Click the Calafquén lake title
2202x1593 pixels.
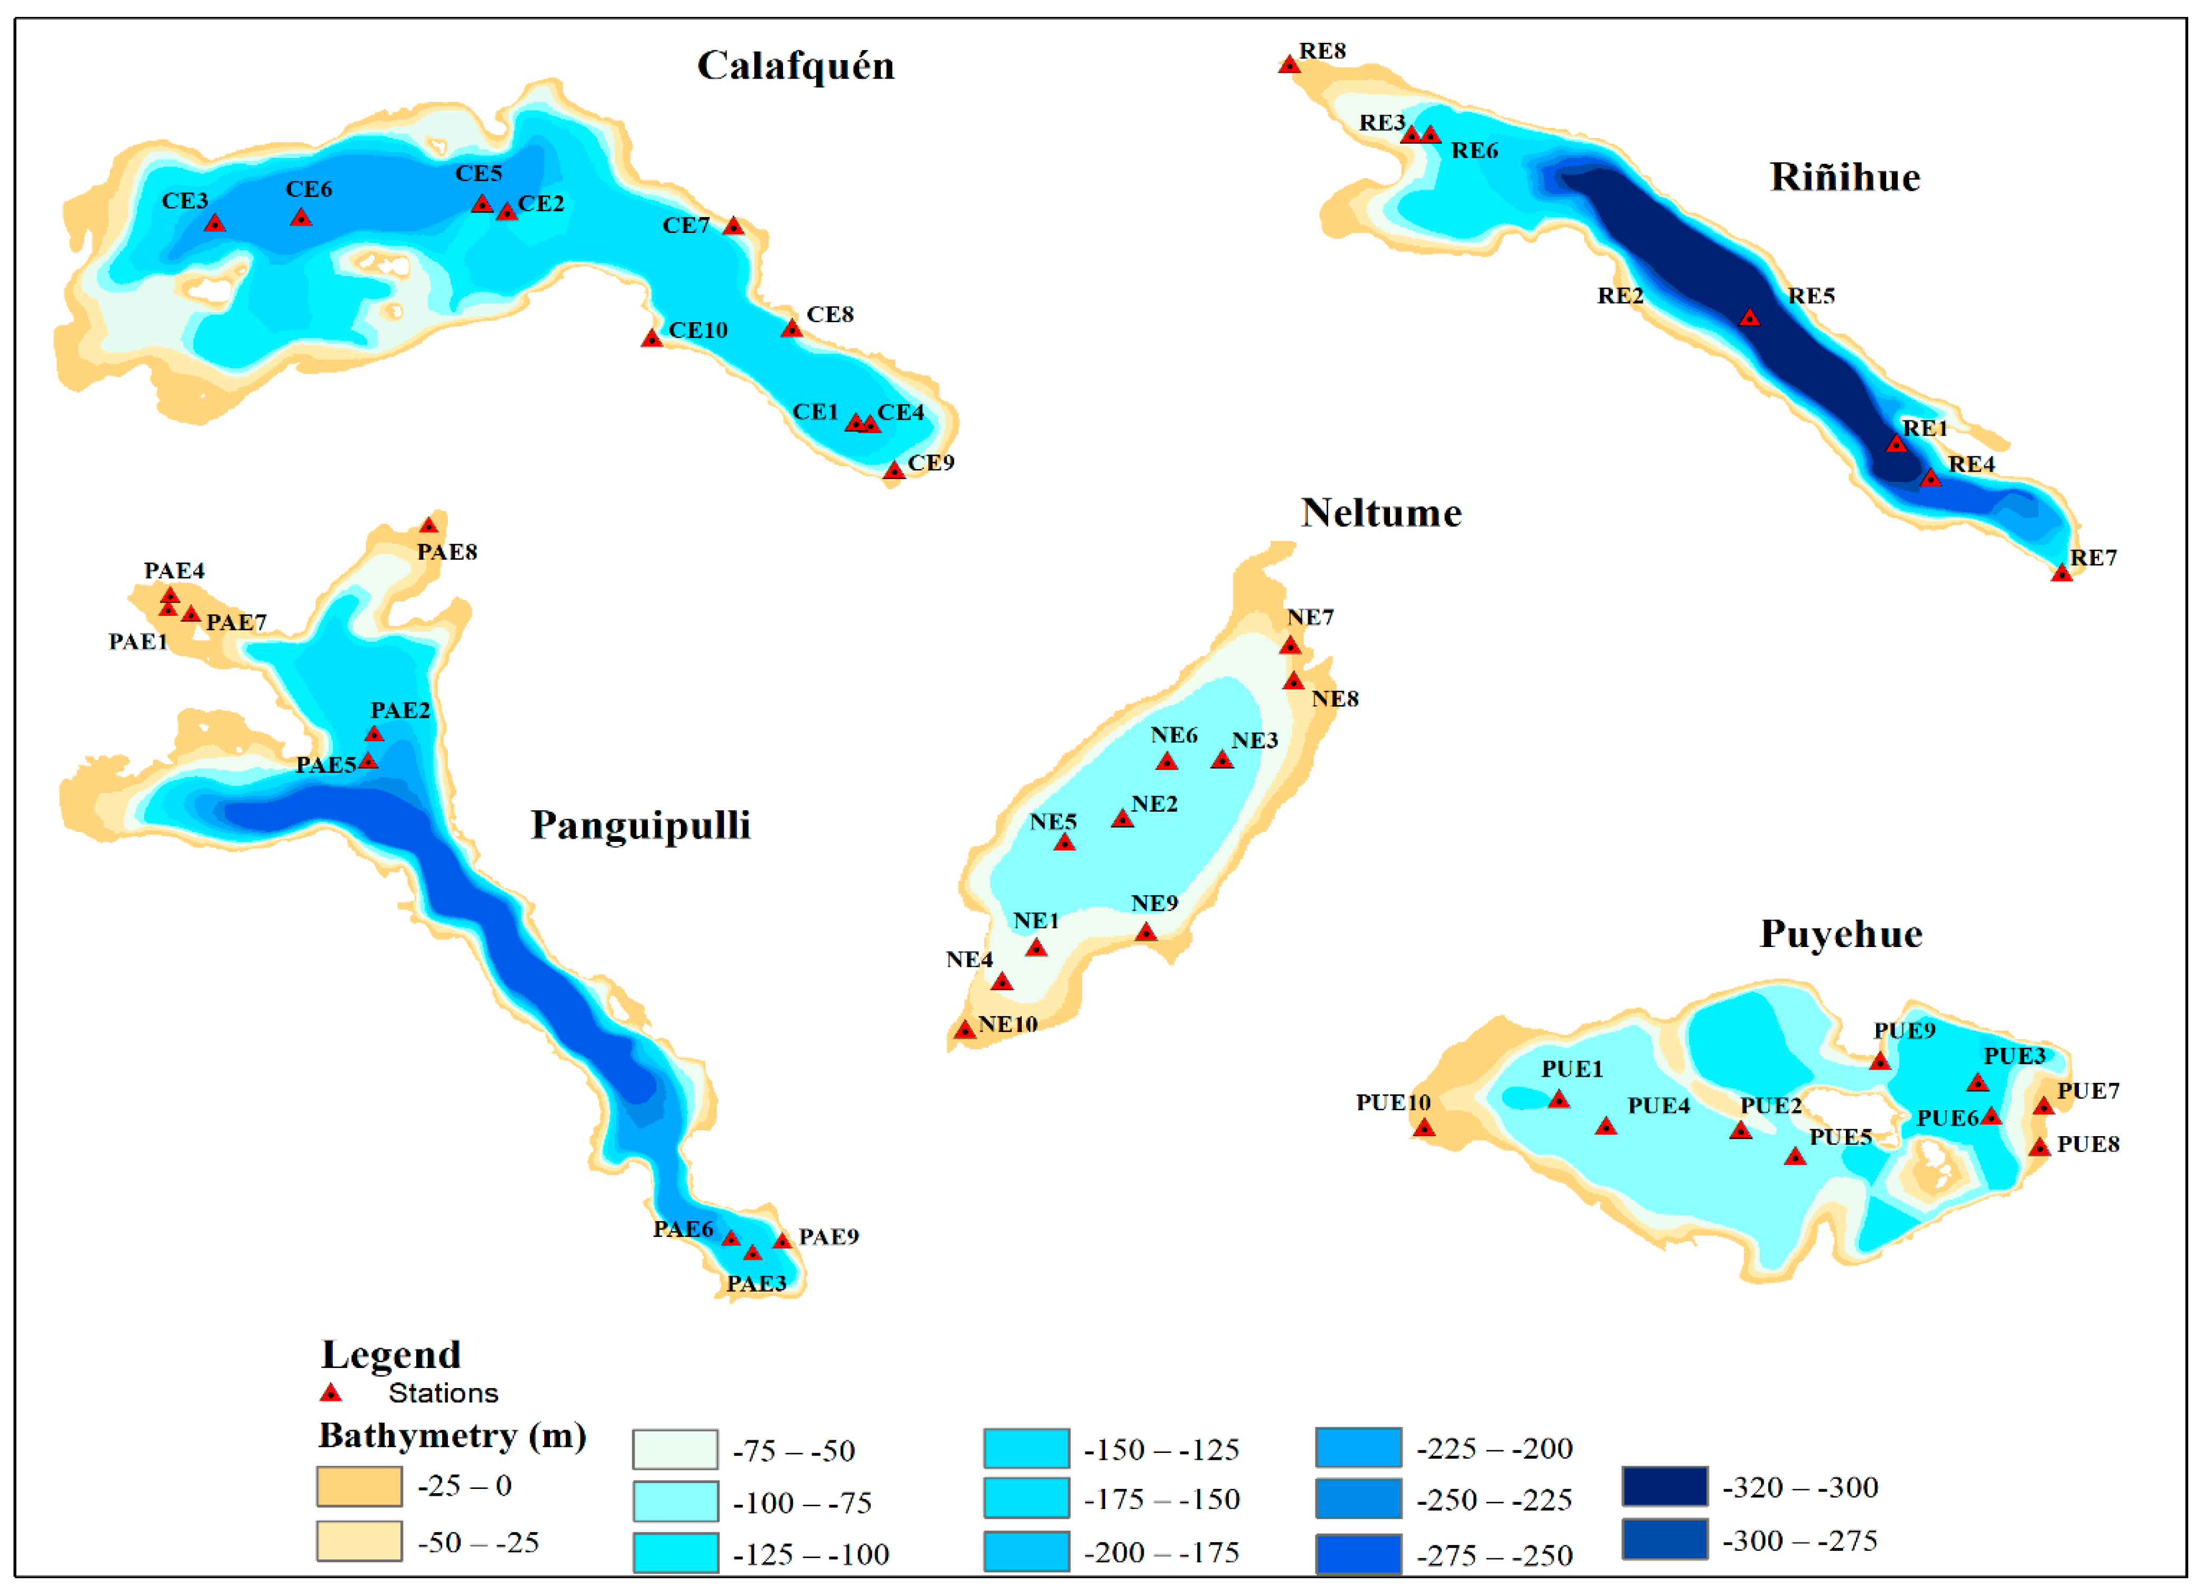pyautogui.click(x=795, y=66)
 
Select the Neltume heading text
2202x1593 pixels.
pyautogui.click(x=1380, y=512)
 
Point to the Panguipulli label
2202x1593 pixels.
pyautogui.click(x=640, y=825)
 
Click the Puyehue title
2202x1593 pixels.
pyautogui.click(x=1841, y=934)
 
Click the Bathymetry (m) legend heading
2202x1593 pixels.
pyautogui.click(x=452, y=1435)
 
